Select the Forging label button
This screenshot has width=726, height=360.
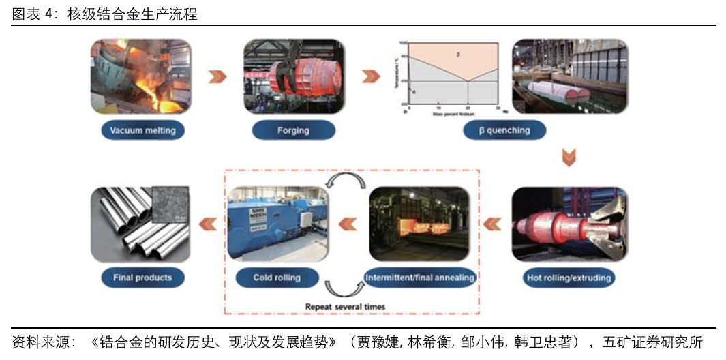click(293, 130)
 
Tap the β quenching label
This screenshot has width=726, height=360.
click(504, 130)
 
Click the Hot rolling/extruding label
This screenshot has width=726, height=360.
click(569, 277)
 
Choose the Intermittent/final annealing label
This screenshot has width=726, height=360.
click(420, 277)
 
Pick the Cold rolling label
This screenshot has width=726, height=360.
click(277, 277)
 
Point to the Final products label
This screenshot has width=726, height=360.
click(142, 277)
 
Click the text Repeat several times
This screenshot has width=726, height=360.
click(345, 307)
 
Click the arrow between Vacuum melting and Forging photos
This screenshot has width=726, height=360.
click(217, 76)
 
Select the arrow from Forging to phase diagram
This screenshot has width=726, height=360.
click(371, 76)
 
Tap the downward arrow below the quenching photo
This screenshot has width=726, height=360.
click(569, 157)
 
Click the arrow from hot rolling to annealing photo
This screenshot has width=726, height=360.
click(491, 223)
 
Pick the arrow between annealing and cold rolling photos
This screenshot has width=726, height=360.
click(348, 223)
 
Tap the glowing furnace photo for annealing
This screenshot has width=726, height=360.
click(419, 224)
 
